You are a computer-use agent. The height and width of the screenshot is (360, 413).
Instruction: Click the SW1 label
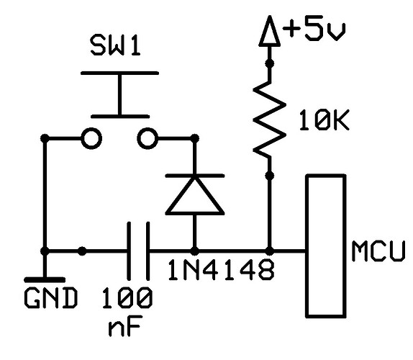coord(115,46)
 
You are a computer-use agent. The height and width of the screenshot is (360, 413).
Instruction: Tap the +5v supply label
coord(314,29)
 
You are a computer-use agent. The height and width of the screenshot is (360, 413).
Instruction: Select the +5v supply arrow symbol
coord(269,31)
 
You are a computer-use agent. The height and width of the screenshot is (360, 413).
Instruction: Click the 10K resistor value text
coord(324,120)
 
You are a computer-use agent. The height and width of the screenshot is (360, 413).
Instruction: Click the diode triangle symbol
coord(195,194)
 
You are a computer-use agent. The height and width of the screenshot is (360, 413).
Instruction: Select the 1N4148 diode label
coord(221,269)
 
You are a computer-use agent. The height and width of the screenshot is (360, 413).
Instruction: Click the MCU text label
coord(378,251)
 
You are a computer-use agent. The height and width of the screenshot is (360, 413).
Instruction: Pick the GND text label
coord(51,298)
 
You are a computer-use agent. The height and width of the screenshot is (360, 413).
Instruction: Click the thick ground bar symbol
coord(45,279)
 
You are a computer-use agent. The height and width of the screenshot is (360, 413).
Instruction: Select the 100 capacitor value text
coord(127,298)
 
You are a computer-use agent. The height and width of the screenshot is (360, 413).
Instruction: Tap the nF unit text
coord(124,325)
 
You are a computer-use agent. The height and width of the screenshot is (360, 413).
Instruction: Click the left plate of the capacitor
coord(129,251)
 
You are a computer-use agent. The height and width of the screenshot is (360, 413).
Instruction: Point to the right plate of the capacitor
coord(147,251)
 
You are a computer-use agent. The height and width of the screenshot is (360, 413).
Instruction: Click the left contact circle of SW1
coord(91,138)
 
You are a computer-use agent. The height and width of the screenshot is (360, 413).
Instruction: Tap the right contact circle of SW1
coord(147,138)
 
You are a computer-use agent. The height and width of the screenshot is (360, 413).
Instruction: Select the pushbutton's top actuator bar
coord(120,73)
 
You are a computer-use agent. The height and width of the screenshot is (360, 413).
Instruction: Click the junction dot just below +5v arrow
coord(269,63)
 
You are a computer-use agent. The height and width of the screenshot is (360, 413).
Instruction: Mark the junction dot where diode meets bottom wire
coord(195,251)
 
